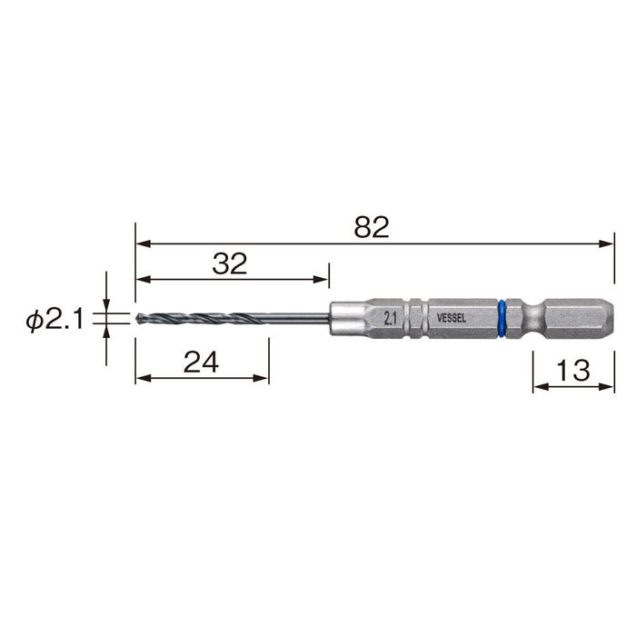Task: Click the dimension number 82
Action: click(371, 227)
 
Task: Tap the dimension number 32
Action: click(230, 263)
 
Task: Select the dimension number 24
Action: click(201, 363)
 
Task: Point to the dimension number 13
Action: click(572, 371)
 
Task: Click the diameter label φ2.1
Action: click(55, 321)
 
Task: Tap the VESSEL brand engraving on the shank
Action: click(451, 318)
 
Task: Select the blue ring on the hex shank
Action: click(502, 319)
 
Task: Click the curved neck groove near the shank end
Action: click(532, 319)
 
